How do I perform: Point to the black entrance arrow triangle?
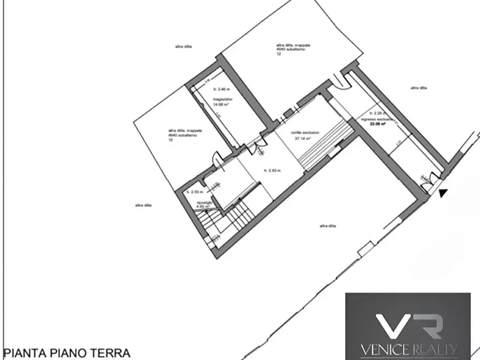point(442,192)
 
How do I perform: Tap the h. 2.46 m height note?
point(221,89)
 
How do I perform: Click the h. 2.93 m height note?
point(273,170)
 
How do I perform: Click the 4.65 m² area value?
point(202,206)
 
